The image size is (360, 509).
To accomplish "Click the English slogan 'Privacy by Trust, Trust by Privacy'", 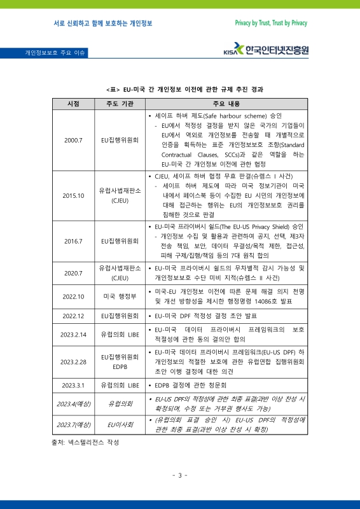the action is point(271,23).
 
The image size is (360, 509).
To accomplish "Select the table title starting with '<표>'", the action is point(180,90).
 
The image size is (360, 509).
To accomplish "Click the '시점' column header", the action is point(73,104).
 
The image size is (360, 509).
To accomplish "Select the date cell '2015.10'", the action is point(73,195).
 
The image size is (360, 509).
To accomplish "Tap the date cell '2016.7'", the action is point(73,241).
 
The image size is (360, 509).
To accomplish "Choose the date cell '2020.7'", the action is point(73,273).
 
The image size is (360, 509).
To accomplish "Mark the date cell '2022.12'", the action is point(73,316).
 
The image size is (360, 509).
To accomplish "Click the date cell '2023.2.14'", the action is point(73,335).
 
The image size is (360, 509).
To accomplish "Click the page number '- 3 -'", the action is point(179,475).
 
